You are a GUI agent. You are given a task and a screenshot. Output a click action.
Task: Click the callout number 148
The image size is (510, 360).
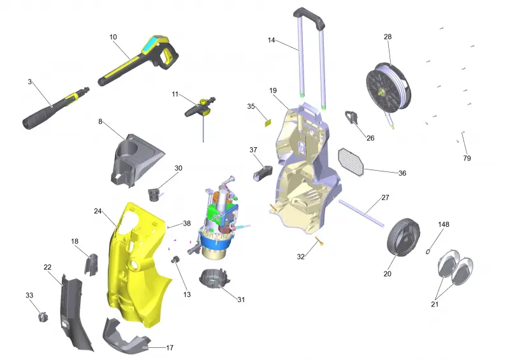pos(444,224)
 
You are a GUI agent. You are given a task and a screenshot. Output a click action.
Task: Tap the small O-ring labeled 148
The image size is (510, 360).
pos(428,251)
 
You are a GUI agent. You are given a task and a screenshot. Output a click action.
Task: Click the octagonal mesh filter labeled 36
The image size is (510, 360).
pos(351,162)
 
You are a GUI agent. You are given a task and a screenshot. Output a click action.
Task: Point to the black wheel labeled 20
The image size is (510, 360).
pos(404,236)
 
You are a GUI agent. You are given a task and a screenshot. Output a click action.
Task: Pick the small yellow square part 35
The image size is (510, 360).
pos(268,123)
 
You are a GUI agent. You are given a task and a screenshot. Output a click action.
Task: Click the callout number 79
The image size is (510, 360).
pos(467,158)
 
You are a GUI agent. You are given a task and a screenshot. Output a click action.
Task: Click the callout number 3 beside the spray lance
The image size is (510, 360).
pos(29,82)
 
